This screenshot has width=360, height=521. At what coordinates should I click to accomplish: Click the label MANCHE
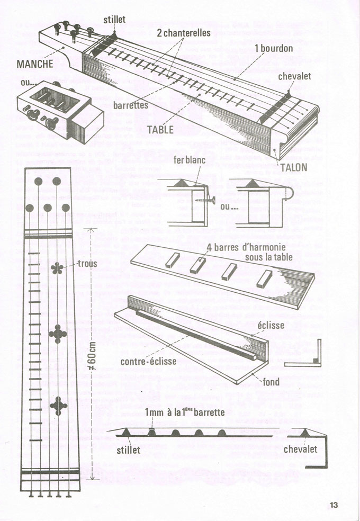tap(35, 65)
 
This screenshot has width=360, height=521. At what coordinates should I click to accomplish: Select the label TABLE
tap(160, 130)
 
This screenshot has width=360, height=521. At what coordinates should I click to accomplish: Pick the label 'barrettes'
tap(131, 105)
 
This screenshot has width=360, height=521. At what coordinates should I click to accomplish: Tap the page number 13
tap(333, 505)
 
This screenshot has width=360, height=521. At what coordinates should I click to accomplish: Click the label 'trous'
tap(86, 264)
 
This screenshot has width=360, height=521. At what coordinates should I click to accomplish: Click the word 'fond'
tap(271, 381)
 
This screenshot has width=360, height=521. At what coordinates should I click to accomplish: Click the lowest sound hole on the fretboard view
tap(58, 406)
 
